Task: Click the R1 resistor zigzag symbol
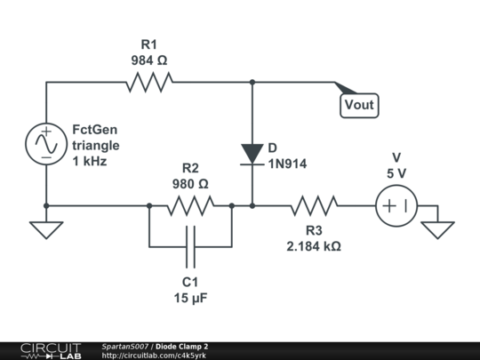click(x=149, y=82)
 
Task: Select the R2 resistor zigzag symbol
click(x=190, y=205)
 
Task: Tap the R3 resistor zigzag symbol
click(x=314, y=205)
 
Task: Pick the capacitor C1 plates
click(x=190, y=247)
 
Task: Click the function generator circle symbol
click(x=46, y=144)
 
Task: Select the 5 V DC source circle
click(x=396, y=205)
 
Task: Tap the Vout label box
click(x=359, y=105)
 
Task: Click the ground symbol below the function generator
click(x=46, y=230)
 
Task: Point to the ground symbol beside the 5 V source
click(x=437, y=230)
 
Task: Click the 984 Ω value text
click(x=149, y=60)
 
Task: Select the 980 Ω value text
click(x=190, y=184)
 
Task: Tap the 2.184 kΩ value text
click(x=314, y=246)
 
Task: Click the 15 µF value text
click(x=190, y=298)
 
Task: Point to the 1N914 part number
click(x=287, y=164)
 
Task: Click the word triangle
click(x=96, y=146)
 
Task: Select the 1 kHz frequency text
click(x=90, y=161)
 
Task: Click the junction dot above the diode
click(x=252, y=82)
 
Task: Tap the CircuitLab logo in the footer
click(x=52, y=351)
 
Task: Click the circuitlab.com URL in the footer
click(x=154, y=356)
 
